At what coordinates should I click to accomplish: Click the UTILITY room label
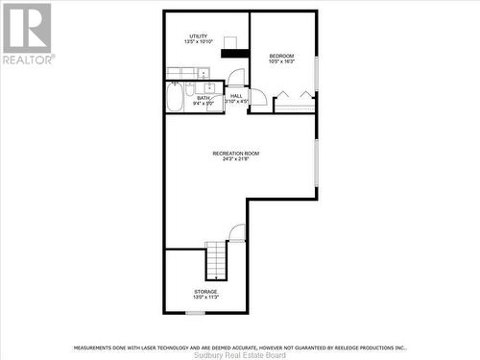[x=198, y=36]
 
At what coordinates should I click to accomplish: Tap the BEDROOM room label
[x=282, y=55]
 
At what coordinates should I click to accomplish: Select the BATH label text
[x=204, y=97]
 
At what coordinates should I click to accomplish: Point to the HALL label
[x=236, y=95]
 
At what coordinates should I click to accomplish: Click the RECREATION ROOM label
[x=236, y=154]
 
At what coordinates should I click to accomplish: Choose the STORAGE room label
[x=205, y=291]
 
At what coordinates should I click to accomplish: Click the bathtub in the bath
[x=176, y=97]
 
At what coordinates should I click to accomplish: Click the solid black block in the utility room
[x=235, y=53]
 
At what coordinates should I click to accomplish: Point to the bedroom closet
[x=294, y=102]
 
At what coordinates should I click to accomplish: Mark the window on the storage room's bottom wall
[x=195, y=312]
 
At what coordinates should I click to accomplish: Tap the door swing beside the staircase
[x=237, y=232]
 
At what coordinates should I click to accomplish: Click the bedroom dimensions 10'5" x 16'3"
[x=282, y=60]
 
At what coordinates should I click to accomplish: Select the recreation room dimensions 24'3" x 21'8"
[x=236, y=159]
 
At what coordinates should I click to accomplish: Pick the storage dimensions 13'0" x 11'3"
[x=205, y=297]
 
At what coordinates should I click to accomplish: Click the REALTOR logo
[x=27, y=33]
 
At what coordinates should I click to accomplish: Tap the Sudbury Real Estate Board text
[x=239, y=354]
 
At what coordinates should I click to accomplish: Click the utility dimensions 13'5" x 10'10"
[x=198, y=42]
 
